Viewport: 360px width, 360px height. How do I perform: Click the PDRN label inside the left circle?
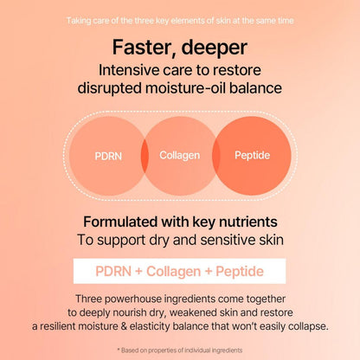click(x=109, y=157)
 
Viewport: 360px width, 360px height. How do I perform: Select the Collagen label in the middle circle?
click(x=180, y=156)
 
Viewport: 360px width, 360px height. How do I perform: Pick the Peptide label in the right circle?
click(x=252, y=156)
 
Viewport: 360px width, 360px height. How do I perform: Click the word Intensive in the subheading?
click(x=131, y=70)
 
